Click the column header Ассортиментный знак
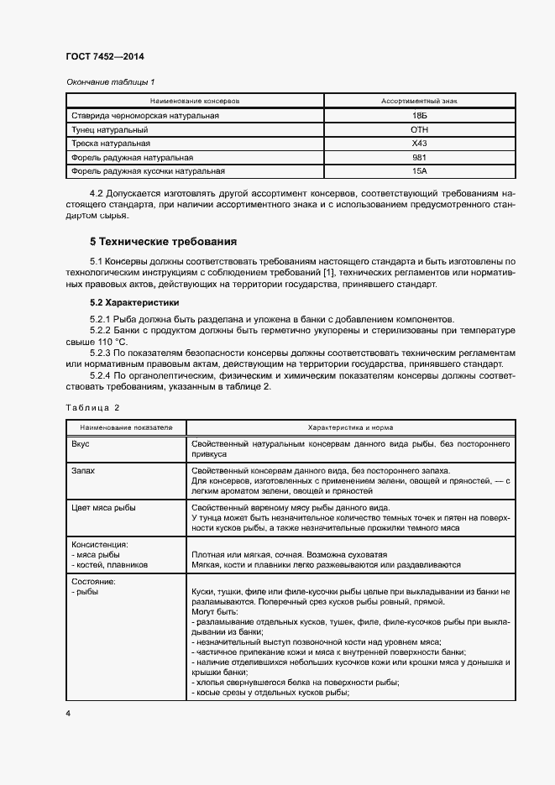(419, 100)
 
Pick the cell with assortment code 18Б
(419, 115)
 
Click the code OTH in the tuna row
(419, 129)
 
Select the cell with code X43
(419, 144)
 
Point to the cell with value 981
(419, 158)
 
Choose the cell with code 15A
(419, 172)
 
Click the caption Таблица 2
(92, 407)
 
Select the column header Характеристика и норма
(348, 427)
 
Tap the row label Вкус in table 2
(80, 443)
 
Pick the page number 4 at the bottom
(67, 712)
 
